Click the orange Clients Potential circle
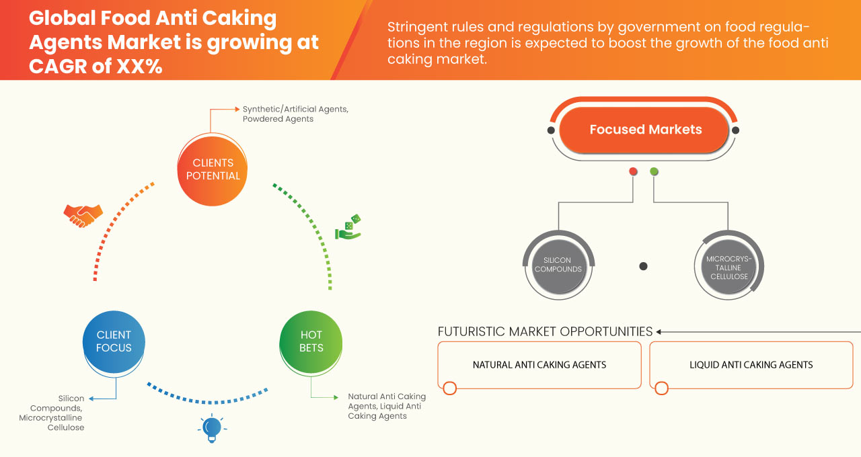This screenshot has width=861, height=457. pos(213,169)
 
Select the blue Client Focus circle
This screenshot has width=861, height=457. pos(114,341)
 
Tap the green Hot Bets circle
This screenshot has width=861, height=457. pos(311,341)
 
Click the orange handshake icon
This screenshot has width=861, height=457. pos(83,215)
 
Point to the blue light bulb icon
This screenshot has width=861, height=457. pos(212,428)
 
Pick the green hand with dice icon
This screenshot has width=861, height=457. pos(348,227)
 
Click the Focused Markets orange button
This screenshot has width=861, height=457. pos(645,130)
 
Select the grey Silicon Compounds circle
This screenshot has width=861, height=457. pos(557,265)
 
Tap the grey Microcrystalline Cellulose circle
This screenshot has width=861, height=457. pos(727,265)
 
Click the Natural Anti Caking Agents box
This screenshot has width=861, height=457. pos(539,365)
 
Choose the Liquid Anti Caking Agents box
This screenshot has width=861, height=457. pos(751,365)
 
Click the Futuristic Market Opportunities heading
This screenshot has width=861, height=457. pos(545,331)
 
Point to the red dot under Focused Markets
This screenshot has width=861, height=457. pos(633,172)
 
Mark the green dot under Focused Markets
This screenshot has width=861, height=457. pos(654,172)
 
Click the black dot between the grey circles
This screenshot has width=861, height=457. pos(643,266)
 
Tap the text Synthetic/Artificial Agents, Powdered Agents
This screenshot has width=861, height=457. pos(295,114)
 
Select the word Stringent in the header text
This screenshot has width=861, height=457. pos(416,28)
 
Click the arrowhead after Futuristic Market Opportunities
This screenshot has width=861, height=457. pos(659,331)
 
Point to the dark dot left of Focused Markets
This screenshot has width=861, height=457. pos(551,130)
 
